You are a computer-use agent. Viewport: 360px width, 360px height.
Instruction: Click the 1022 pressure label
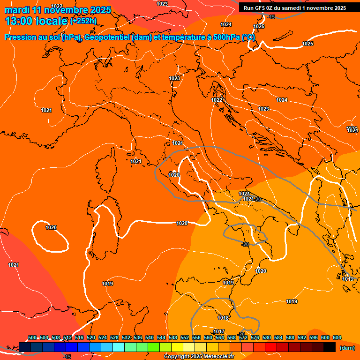[x=217, y=100]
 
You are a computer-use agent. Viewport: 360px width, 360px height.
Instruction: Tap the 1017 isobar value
[x=219, y=331]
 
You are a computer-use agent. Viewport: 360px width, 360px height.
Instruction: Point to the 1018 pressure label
[x=224, y=318]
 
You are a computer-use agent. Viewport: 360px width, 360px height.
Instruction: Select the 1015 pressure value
[x=347, y=279]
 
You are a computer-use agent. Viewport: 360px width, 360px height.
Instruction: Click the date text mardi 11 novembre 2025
[x=58, y=10]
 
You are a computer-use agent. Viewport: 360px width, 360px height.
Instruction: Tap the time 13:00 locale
[x=36, y=21]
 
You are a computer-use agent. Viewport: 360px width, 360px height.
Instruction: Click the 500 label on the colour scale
[x=32, y=337]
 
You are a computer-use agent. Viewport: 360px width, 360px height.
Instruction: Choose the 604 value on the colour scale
[x=337, y=337]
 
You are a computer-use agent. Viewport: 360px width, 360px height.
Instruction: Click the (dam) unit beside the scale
[x=347, y=348]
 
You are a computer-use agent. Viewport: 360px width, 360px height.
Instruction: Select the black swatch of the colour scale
[x=330, y=347]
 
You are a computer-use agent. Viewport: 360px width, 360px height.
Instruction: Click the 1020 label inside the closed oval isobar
[x=51, y=227]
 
